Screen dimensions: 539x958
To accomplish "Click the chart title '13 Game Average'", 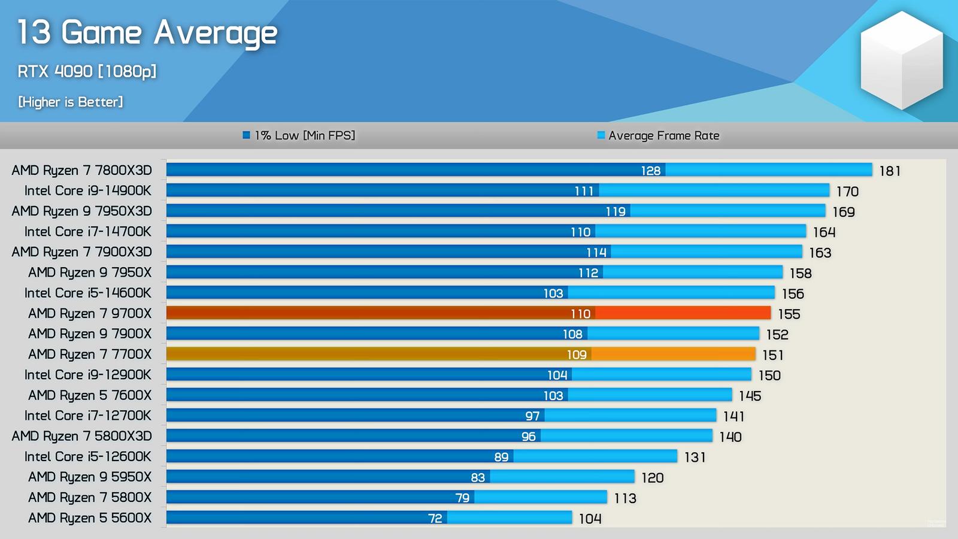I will pos(147,33).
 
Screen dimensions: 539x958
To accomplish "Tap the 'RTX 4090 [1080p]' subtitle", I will pos(87,72).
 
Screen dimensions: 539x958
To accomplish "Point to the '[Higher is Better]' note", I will pos(71,102).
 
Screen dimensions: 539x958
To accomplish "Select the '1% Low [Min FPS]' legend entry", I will pos(299,135).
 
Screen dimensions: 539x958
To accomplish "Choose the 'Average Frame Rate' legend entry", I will pos(659,135).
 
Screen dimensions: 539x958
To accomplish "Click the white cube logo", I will pos(901,60).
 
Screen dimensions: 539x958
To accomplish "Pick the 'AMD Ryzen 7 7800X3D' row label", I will pos(81,171).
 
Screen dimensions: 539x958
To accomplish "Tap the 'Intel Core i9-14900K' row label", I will pos(88,191).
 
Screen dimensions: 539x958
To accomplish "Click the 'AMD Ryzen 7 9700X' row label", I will pos(90,314).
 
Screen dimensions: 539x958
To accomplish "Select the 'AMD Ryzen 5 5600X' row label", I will pos(90,518).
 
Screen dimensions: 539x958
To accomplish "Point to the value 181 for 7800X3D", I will pos(890,171).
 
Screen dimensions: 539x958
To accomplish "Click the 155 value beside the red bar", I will pos(789,314).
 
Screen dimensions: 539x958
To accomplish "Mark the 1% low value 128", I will pos(651,171).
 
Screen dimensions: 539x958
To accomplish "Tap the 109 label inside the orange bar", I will pos(577,355).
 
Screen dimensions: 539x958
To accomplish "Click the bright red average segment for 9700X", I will pos(683,313).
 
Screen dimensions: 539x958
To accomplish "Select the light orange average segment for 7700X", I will pos(673,355).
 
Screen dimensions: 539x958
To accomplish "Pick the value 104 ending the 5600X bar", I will pos(590,519).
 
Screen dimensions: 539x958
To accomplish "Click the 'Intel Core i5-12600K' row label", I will pos(88,457).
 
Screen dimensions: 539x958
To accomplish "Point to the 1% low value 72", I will pos(435,519).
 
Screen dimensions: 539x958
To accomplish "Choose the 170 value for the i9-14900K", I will pos(847,192).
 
